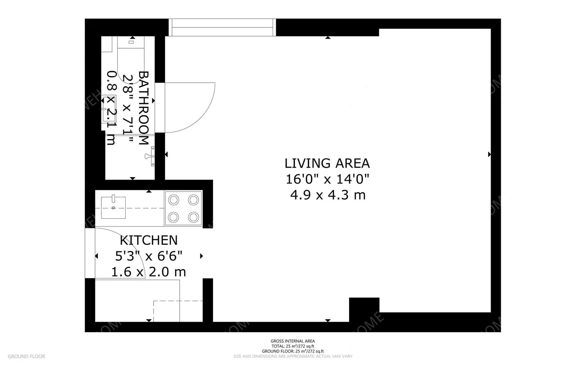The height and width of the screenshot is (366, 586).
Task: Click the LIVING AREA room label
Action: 327,163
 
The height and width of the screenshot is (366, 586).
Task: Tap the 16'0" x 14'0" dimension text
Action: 327,179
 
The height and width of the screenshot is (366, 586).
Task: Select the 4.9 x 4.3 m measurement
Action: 328,195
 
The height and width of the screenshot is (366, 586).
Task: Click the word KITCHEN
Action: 148,240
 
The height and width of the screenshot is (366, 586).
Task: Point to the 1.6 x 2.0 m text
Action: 148,272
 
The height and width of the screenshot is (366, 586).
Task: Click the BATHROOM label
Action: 144,108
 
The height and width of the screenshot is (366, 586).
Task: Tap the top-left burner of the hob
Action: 173,200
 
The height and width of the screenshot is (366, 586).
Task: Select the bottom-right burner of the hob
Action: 193,217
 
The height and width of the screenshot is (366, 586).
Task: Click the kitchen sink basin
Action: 113,207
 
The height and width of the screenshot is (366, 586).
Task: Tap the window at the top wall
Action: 222,27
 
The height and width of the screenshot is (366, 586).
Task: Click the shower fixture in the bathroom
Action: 151,156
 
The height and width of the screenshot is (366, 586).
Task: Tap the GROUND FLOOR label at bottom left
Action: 26,357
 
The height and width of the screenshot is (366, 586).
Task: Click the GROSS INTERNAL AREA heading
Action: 293,341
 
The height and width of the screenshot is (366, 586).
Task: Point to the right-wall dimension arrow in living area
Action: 489,154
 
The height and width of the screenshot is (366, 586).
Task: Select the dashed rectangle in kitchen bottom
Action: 178,311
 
